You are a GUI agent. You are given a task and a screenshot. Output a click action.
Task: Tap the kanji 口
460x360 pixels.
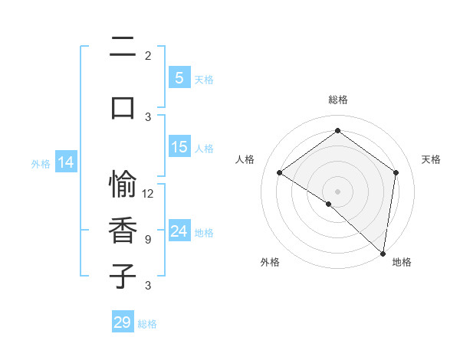tap(123, 106)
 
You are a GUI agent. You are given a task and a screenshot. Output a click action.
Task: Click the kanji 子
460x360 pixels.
tap(123, 276)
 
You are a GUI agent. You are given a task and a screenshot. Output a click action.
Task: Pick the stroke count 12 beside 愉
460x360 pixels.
tap(148, 194)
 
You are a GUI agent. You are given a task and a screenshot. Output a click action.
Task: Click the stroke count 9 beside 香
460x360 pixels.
tap(148, 239)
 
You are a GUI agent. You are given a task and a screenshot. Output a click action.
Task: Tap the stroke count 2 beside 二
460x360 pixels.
tap(148, 56)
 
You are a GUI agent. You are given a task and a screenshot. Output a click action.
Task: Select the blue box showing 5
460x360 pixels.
tap(179, 77)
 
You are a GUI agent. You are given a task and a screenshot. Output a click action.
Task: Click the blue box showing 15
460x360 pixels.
tap(179, 147)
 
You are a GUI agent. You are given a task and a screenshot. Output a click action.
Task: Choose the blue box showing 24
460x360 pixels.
tap(179, 231)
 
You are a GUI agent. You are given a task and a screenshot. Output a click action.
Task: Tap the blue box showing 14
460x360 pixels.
tap(66, 162)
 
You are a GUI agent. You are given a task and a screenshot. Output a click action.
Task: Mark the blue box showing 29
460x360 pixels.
tap(122, 322)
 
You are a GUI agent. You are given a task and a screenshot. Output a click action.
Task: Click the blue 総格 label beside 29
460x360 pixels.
tap(148, 324)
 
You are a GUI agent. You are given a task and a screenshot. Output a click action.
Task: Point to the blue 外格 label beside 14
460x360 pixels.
tap(41, 164)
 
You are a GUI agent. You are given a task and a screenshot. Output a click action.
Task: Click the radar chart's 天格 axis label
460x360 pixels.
tap(432, 159)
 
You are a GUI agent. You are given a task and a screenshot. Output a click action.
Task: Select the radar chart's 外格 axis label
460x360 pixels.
tap(269, 262)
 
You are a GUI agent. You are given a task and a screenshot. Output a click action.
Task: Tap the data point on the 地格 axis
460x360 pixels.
tap(383, 253)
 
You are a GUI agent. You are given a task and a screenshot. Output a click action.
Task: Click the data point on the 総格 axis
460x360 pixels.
tap(337, 131)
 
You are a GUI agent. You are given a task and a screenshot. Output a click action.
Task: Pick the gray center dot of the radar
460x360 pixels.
tap(337, 190)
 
